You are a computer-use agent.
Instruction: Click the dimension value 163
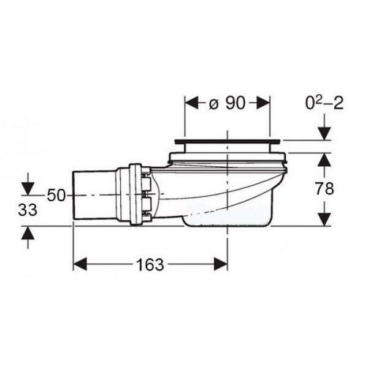150,264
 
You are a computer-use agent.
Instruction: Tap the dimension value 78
324,188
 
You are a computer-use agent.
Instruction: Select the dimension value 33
28,210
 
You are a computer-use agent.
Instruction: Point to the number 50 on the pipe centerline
56,195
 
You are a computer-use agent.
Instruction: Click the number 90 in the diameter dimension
236,103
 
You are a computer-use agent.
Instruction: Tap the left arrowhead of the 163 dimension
80,264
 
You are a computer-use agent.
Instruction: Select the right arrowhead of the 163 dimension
221,264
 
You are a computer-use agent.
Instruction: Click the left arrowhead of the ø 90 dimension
192,102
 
